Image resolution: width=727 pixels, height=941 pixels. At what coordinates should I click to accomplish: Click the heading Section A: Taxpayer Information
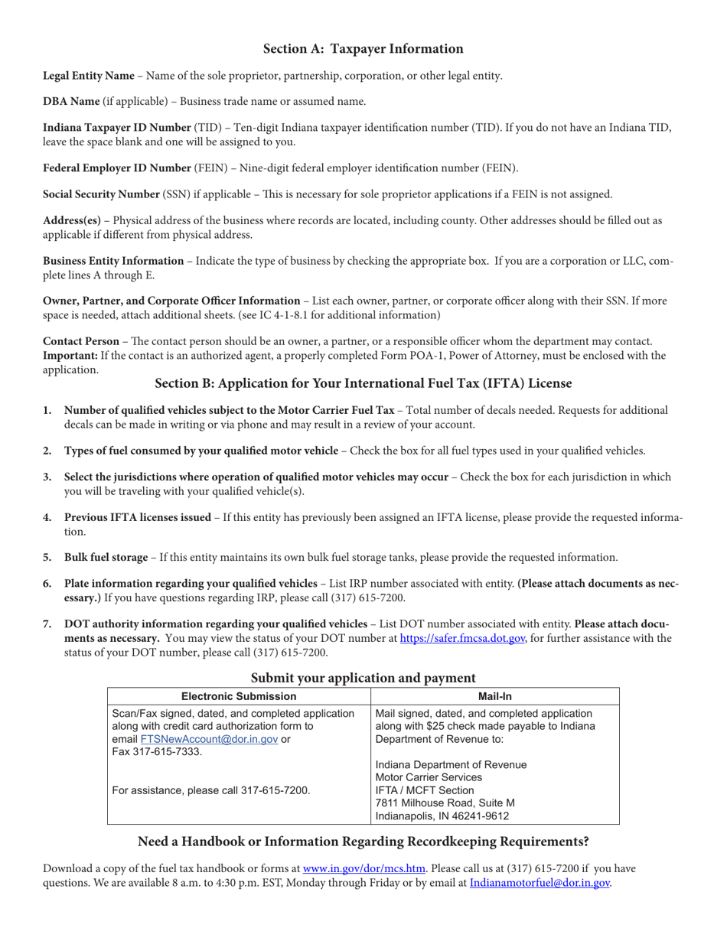[x=363, y=49]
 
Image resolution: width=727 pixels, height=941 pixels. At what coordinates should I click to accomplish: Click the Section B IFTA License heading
[x=363, y=383]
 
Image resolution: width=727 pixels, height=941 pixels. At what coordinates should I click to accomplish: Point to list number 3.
[x=47, y=477]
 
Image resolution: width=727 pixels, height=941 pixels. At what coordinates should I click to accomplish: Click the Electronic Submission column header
[x=238, y=696]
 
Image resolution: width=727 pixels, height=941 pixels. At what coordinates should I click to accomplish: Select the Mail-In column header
[x=494, y=696]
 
